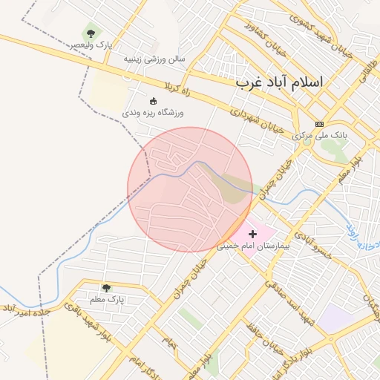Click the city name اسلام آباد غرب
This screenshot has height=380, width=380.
coord(280,82)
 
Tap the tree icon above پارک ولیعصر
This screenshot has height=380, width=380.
coord(91,33)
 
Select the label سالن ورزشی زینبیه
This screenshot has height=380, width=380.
coord(154,58)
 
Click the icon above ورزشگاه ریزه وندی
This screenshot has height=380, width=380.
coord(154,101)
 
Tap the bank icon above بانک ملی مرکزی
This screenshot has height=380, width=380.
coord(320,124)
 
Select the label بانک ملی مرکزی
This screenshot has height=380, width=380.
coord(320,136)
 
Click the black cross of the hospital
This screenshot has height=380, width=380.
coord(252,233)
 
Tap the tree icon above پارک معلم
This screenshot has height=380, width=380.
coord(106,287)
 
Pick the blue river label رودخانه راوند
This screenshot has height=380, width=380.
coord(364,235)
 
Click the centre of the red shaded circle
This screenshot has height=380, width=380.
coord(190,189)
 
